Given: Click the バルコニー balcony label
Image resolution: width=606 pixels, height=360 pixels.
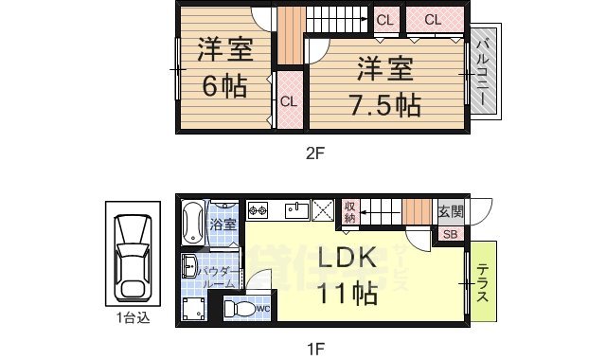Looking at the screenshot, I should click(483, 70).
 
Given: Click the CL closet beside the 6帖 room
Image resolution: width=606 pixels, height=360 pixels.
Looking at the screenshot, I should click(289, 100).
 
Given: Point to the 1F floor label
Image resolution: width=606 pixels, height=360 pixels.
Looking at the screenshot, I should click(314, 348).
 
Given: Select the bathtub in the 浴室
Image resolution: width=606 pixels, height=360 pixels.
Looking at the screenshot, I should click(192, 224).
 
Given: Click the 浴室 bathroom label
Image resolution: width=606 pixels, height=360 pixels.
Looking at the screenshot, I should click(223, 226).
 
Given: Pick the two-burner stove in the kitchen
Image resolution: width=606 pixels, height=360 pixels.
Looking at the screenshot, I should click(258, 209).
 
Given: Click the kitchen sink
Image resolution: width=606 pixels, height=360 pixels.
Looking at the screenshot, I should click(294, 209).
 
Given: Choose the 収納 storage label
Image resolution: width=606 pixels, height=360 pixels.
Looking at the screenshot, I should click(350, 212).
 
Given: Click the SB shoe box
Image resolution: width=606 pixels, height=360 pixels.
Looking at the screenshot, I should click(450, 234).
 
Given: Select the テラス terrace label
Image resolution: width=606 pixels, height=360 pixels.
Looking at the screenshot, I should click(482, 282).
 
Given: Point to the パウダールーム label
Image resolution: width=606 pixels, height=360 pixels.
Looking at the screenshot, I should click(216, 277).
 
